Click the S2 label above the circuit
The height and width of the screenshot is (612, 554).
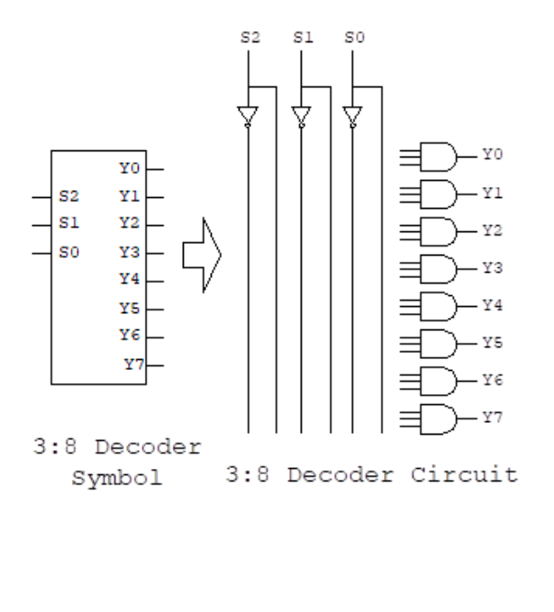click(x=248, y=40)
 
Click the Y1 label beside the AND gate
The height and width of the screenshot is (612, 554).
click(x=492, y=193)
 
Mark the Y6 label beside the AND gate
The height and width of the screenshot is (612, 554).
click(x=492, y=379)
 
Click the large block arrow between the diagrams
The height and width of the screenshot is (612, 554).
click(x=202, y=256)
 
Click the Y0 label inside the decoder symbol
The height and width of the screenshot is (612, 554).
click(x=129, y=167)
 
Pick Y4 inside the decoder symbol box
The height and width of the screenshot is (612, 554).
click(x=129, y=279)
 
